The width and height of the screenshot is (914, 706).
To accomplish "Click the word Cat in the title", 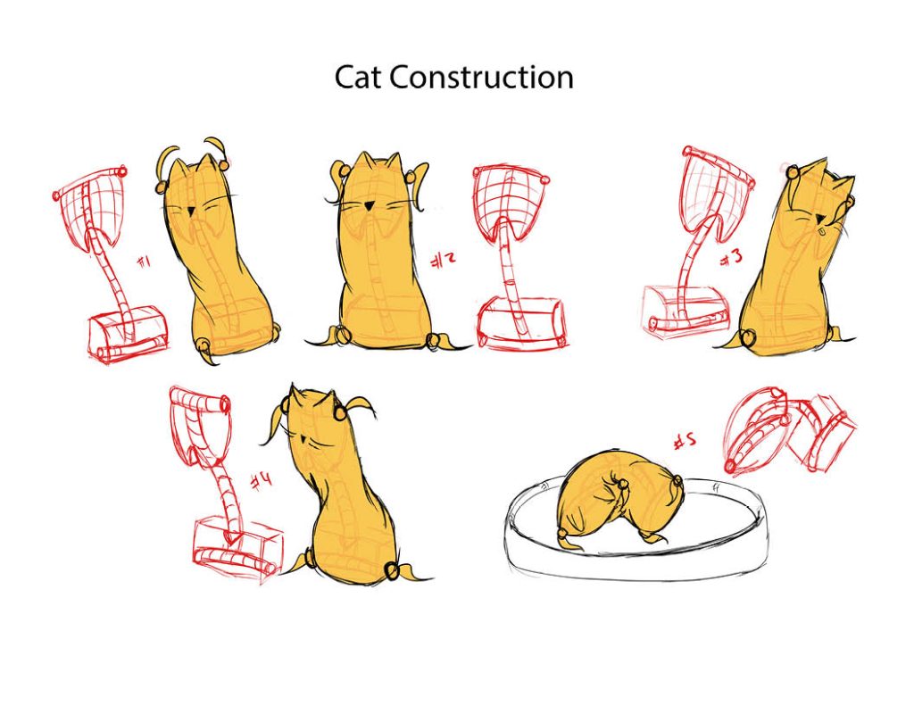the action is [x=358, y=77].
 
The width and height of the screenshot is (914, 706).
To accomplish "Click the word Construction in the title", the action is [x=481, y=77].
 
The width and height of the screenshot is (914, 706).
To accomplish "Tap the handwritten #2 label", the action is [x=443, y=261].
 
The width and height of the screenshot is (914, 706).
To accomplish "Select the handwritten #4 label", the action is [x=261, y=482].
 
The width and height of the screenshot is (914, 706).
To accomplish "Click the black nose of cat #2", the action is [x=368, y=205].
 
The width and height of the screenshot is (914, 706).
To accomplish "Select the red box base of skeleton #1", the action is [x=129, y=333].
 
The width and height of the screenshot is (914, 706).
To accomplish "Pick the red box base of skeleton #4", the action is [x=237, y=547].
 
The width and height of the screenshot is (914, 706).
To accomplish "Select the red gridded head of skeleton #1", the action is [x=92, y=207].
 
